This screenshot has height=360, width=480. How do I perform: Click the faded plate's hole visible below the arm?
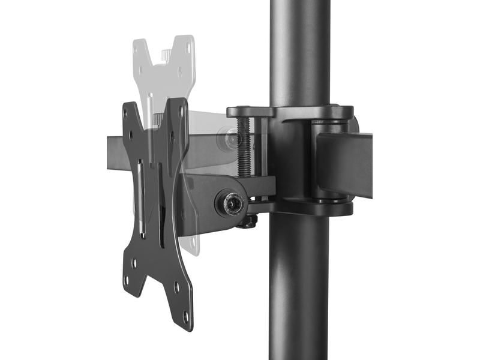click(x=191, y=240)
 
